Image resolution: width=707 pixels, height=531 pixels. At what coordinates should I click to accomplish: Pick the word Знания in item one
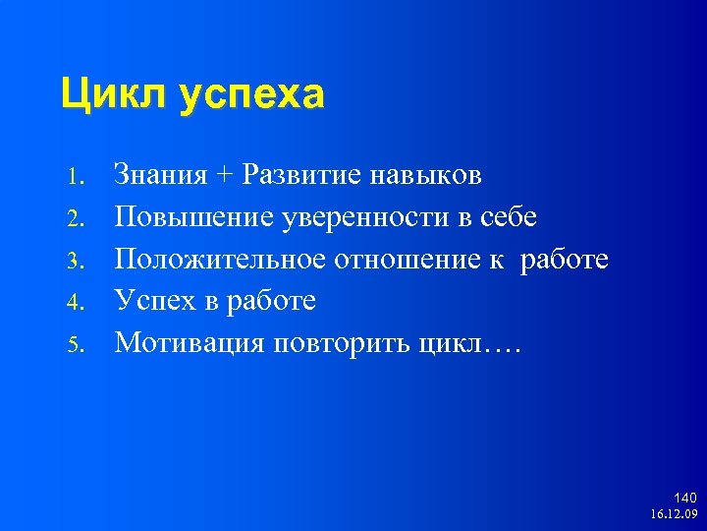point(162,176)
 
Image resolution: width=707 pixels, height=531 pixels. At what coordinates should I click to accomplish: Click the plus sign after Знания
point(227,177)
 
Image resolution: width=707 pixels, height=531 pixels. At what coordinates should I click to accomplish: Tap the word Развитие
point(303,176)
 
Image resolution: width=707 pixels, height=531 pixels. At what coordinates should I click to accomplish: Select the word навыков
point(428,176)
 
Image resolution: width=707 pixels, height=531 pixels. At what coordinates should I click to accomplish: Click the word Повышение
point(191,217)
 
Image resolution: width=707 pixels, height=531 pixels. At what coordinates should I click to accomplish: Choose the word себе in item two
point(510,217)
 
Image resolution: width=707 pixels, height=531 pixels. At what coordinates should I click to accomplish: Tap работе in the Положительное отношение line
point(565,260)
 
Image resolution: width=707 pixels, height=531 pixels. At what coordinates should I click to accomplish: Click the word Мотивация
point(187,342)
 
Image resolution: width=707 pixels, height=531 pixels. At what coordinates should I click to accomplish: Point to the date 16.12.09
point(674,514)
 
